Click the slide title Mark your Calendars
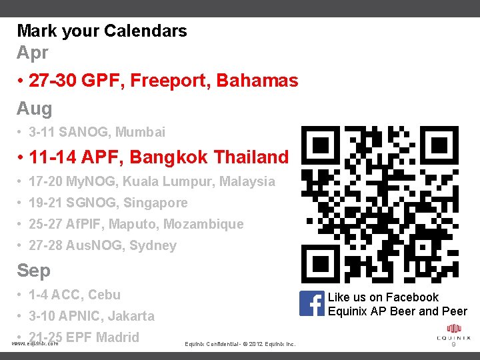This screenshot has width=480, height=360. pos(102,31)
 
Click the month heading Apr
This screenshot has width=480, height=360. pos(33,52)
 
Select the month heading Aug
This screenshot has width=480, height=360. pos(34,108)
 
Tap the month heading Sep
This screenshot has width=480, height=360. pos(33,271)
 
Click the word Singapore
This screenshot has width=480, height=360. pos(159,203)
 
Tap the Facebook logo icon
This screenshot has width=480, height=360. pos(311,304)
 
